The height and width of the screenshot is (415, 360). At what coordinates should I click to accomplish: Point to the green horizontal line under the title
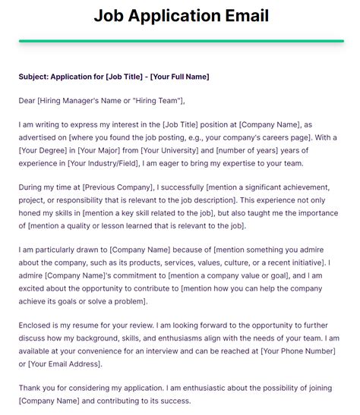pyautogui.click(x=180, y=41)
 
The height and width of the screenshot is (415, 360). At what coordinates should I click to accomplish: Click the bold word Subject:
pyautogui.click(x=36, y=77)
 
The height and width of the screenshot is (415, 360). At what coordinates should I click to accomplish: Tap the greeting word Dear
pyautogui.click(x=27, y=100)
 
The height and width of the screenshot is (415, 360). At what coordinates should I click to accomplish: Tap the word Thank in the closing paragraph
pyautogui.click(x=31, y=388)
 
